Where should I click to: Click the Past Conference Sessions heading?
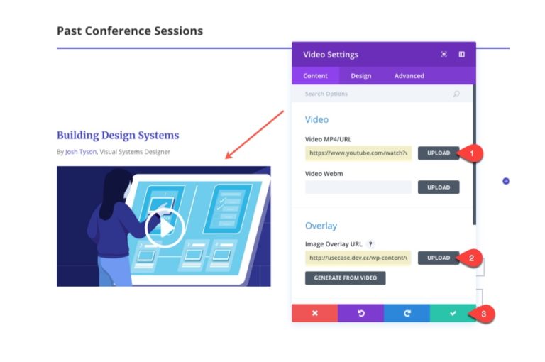tap(130, 31)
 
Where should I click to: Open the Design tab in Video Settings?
tap(360, 76)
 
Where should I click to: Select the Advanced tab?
tap(409, 76)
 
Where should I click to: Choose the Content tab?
tap(315, 76)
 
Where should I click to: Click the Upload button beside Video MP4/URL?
tap(438, 153)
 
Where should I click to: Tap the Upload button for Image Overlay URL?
tap(438, 258)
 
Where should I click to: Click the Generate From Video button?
tap(345, 278)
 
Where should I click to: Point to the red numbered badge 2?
tap(471, 258)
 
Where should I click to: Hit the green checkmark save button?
tap(453, 313)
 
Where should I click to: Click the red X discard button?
tap(314, 313)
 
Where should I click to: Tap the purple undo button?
tap(360, 313)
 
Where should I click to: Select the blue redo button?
tap(407, 313)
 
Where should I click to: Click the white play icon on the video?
tap(165, 227)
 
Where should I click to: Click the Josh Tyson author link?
tap(80, 151)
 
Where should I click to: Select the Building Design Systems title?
tap(118, 135)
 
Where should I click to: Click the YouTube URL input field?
tap(358, 153)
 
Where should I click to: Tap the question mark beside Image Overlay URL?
tap(370, 244)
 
